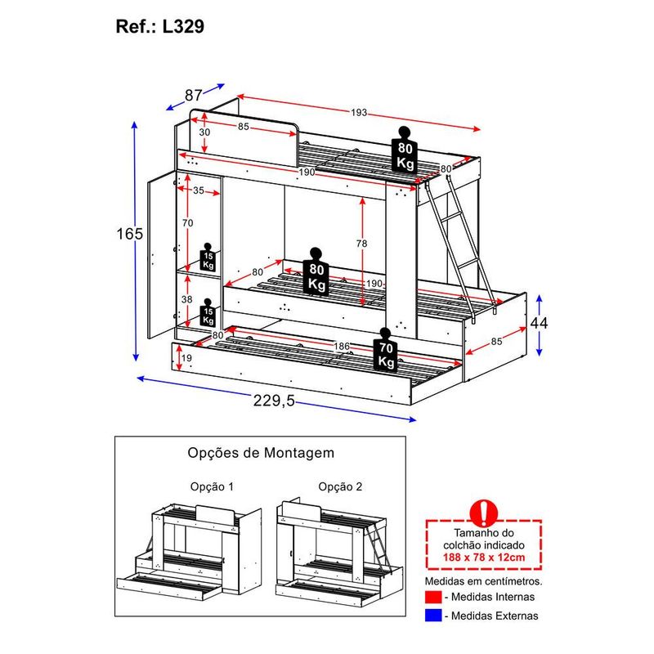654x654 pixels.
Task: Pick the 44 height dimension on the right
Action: pyautogui.click(x=538, y=323)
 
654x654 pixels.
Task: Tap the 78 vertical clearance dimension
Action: pyautogui.click(x=362, y=244)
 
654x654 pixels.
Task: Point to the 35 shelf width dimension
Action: pyautogui.click(x=199, y=191)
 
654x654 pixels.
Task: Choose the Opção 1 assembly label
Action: pyautogui.click(x=211, y=486)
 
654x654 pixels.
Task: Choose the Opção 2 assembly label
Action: pyautogui.click(x=340, y=486)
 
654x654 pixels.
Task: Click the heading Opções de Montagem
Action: pyautogui.click(x=260, y=452)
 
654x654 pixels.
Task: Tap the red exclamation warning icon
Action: pyautogui.click(x=485, y=512)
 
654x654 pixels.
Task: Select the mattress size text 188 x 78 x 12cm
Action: pyautogui.click(x=486, y=558)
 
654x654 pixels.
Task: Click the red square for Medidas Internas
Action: pyautogui.click(x=432, y=598)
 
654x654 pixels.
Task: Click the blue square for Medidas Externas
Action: pyautogui.click(x=432, y=616)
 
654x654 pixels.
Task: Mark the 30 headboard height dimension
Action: pyautogui.click(x=204, y=132)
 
